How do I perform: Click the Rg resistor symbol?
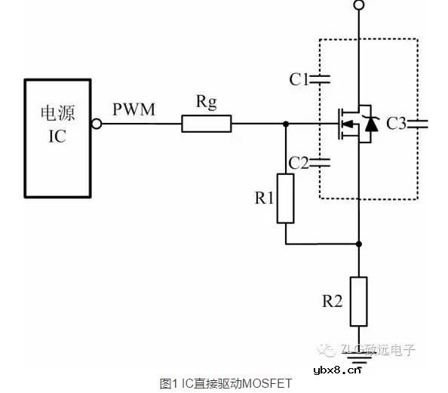pyautogui.click(x=206, y=124)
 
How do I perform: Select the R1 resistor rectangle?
pyautogui.click(x=285, y=198)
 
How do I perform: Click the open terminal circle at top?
pyautogui.click(x=359, y=6)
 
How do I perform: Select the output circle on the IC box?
pyautogui.click(x=97, y=124)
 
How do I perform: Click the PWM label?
pyautogui.click(x=133, y=110)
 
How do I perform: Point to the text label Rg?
pyautogui.click(x=206, y=103)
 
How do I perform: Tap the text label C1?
pyautogui.click(x=299, y=78)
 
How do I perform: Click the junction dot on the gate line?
pyautogui.click(x=285, y=124)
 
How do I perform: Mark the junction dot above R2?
pyautogui.click(x=359, y=244)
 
